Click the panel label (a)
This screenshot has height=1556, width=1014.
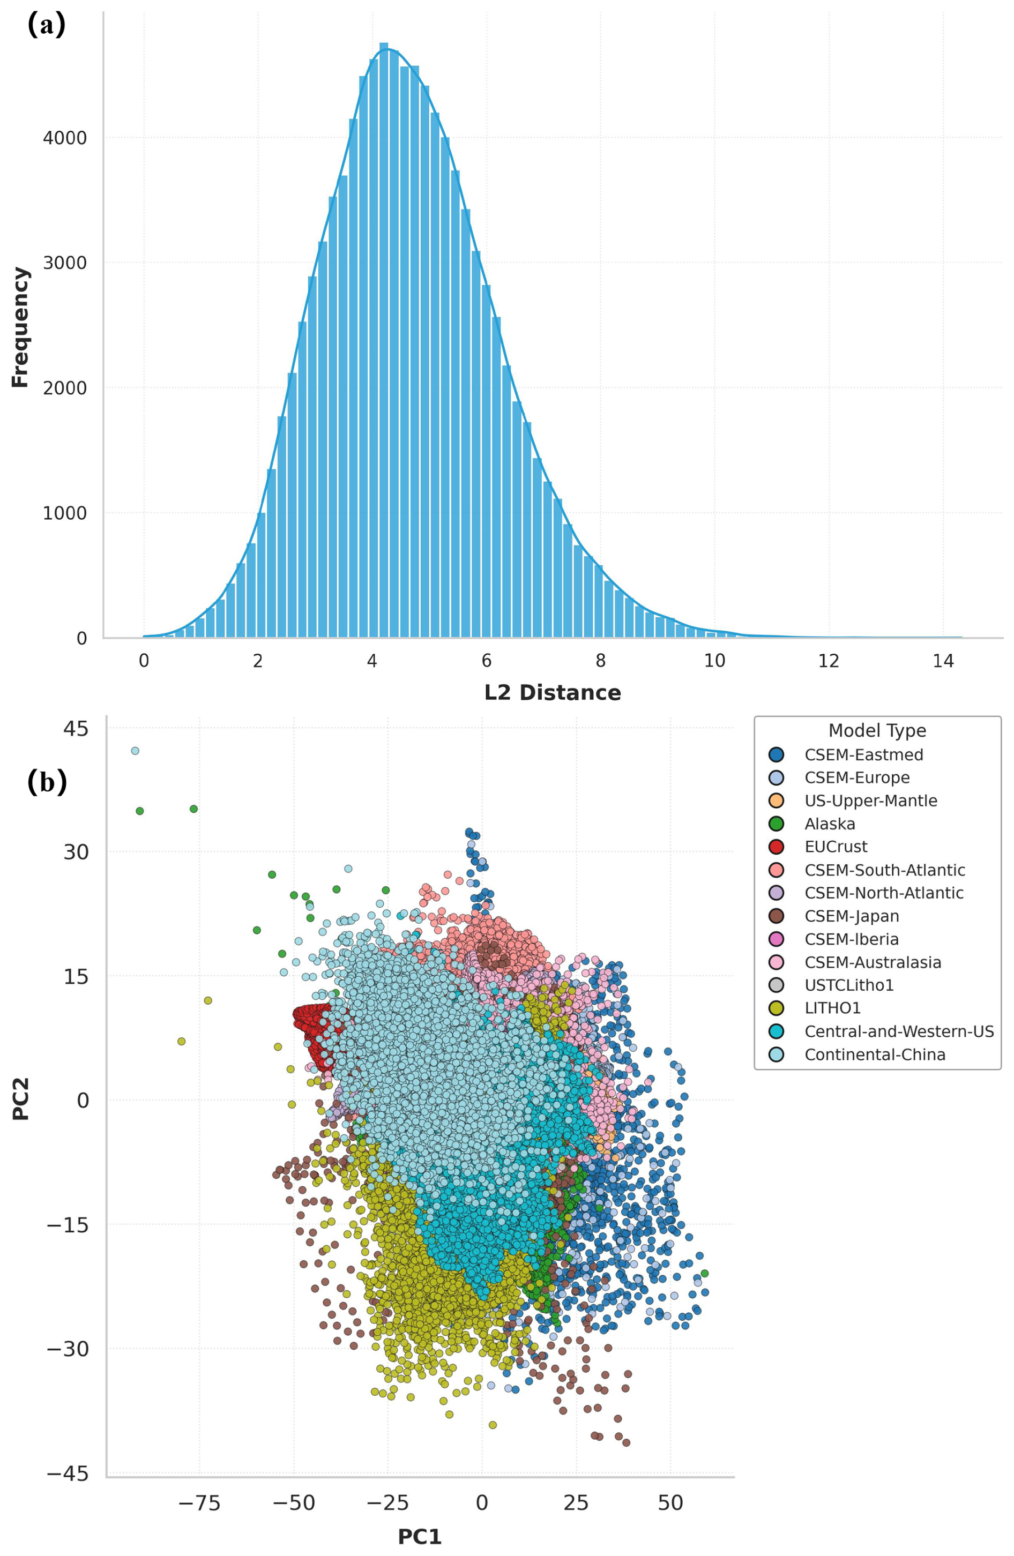[47, 26]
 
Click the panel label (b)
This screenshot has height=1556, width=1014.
[47, 782]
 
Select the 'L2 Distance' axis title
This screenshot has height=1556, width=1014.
[553, 692]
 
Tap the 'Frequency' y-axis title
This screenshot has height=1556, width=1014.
[20, 327]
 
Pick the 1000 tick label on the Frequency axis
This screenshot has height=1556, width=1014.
[65, 513]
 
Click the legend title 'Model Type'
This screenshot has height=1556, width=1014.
[877, 730]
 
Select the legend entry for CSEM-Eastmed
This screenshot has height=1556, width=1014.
[863, 754]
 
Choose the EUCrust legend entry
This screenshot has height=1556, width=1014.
[836, 847]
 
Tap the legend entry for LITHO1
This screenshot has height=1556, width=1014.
[832, 1008]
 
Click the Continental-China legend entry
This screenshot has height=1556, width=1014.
[875, 1054]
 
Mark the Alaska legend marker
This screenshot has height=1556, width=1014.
[777, 824]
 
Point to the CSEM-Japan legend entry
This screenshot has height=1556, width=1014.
[851, 916]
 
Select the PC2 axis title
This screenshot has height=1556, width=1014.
[20, 1101]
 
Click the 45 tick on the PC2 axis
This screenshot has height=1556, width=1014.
[74, 728]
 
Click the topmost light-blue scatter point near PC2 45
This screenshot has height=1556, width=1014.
[136, 751]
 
